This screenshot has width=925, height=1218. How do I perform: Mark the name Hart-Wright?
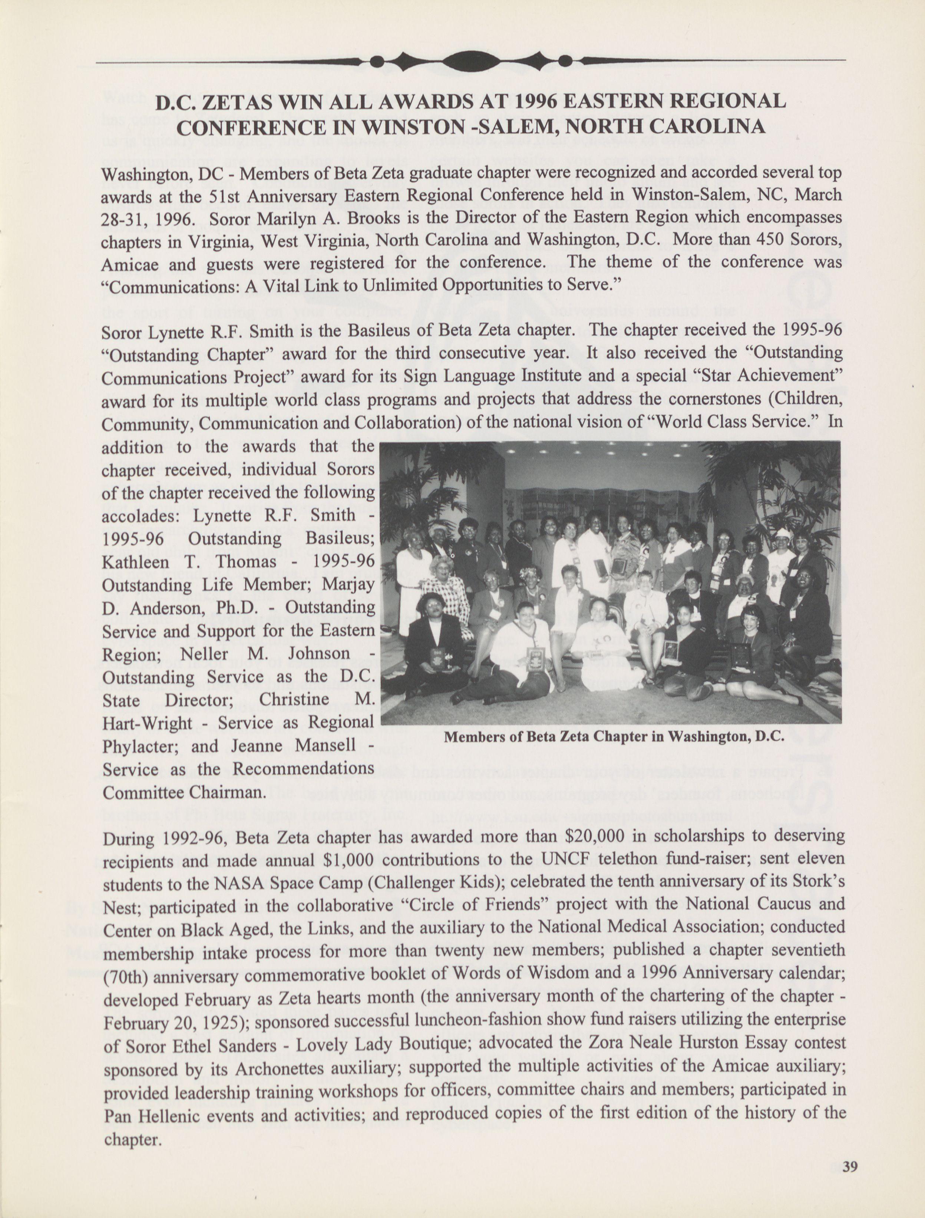click(147, 723)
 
